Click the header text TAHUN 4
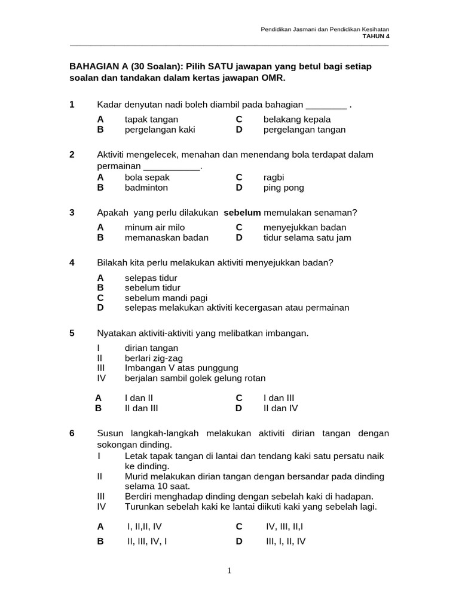click(376, 36)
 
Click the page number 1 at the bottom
click(229, 571)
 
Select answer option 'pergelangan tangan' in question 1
click(304, 129)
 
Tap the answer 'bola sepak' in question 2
click(147, 178)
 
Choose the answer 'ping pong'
click(283, 188)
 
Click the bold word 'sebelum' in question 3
click(242, 212)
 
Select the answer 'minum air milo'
click(154, 227)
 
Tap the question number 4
click(72, 262)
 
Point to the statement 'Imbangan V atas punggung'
click(181, 368)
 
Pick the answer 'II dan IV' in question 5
click(280, 408)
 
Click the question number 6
click(72, 433)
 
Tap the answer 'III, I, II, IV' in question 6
click(286, 541)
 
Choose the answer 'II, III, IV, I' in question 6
click(146, 541)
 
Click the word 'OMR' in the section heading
click(275, 78)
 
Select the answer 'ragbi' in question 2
click(274, 178)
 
